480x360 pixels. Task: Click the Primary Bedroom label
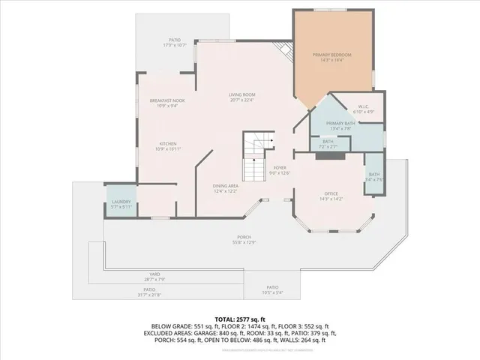pyautogui.click(x=331, y=57)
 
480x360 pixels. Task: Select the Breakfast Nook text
pyautogui.click(x=166, y=103)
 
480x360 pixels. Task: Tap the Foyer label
pyautogui.click(x=280, y=170)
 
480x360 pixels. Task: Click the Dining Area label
pyautogui.click(x=225, y=188)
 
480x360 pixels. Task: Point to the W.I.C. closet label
pyautogui.click(x=357, y=109)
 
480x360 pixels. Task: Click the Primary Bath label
pyautogui.click(x=339, y=125)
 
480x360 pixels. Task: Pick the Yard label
pyautogui.click(x=154, y=276)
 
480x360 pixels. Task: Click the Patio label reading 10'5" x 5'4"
pyautogui.click(x=271, y=290)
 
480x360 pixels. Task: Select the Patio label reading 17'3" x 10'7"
pyautogui.click(x=175, y=43)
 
